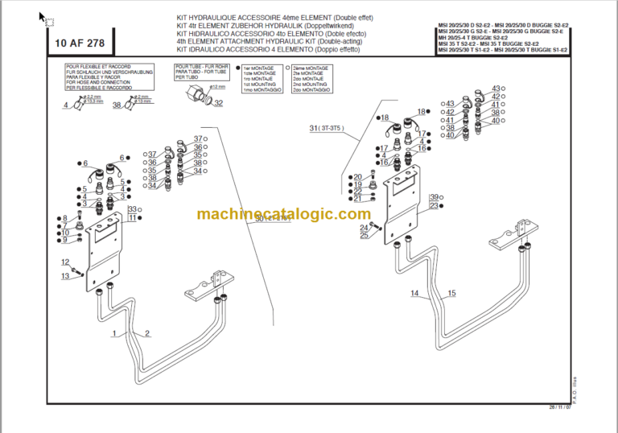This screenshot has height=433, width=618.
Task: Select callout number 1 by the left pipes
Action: pyautogui.click(x=114, y=332)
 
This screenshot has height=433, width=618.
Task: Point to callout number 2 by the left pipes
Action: pyautogui.click(x=147, y=332)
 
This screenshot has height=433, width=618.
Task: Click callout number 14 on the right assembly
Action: pyautogui.click(x=414, y=293)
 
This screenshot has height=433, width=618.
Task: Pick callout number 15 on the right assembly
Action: pyautogui.click(x=451, y=293)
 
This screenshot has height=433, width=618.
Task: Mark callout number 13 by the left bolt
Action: pyautogui.click(x=66, y=276)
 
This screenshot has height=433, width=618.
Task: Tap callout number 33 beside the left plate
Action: pyautogui.click(x=132, y=209)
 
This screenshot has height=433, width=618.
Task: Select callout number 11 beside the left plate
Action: pyautogui.click(x=132, y=218)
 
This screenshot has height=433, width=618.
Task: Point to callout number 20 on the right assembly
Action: pyautogui.click(x=358, y=177)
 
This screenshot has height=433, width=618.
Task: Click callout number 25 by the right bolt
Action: pyautogui.click(x=365, y=235)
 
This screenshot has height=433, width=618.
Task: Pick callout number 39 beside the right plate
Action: pyautogui.click(x=433, y=197)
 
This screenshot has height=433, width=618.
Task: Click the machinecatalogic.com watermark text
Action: pyautogui.click(x=283, y=214)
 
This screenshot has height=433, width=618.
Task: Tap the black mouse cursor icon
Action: pyautogui.click(x=43, y=15)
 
